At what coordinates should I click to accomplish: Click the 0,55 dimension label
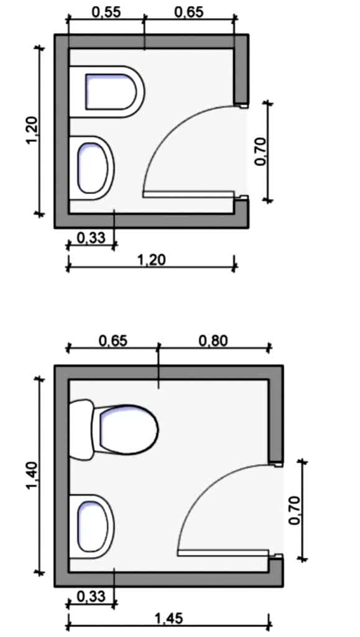click(x=106, y=12)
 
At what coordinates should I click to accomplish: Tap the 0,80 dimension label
click(x=213, y=340)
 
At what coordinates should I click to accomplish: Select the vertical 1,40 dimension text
click(x=32, y=476)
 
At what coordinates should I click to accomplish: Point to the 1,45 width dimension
click(x=169, y=619)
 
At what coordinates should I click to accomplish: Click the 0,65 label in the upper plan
click(x=189, y=12)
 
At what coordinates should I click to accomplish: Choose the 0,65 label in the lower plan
click(x=113, y=340)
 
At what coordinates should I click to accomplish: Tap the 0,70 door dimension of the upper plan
click(x=261, y=152)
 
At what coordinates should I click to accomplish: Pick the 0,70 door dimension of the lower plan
click(x=295, y=510)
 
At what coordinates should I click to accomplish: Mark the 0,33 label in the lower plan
click(x=91, y=597)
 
